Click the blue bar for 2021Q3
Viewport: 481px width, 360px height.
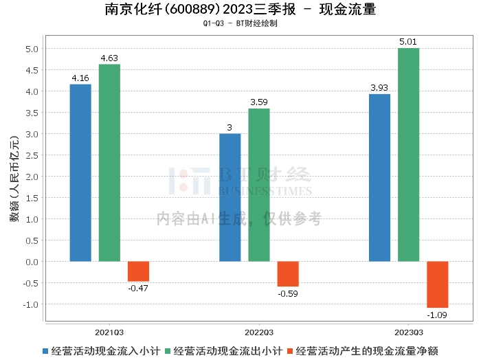pos(80,172)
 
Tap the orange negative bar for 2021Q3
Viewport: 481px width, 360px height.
pos(138,271)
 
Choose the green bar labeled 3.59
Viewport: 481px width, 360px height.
pos(259,185)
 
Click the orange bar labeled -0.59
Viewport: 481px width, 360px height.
pos(288,273)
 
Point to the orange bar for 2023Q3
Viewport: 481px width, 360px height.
pos(437,284)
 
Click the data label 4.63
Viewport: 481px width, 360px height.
pos(109,58)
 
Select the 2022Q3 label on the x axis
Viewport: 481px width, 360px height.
pos(259,330)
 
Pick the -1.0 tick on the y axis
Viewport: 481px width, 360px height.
pos(30,304)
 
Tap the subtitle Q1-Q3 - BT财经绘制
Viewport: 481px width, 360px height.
pos(240,23)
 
